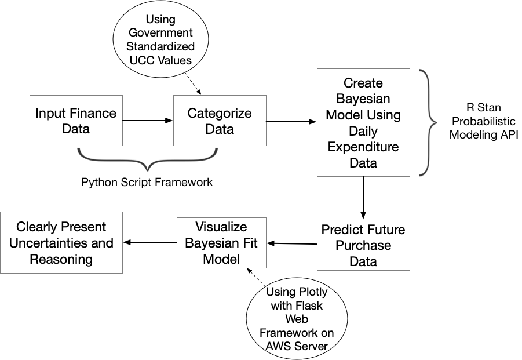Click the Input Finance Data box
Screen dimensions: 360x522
(76, 121)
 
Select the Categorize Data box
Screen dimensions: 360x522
(220, 121)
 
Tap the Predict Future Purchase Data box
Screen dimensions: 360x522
(363, 245)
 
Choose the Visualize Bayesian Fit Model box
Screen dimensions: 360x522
(221, 242)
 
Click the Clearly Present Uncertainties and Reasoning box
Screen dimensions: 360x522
(61, 242)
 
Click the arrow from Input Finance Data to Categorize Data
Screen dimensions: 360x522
(148, 121)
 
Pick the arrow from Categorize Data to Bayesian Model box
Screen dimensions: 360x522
(291, 121)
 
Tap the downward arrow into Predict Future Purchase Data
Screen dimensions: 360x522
(363, 198)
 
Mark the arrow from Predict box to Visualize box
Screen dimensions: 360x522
(292, 243)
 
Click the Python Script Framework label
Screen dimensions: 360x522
(147, 182)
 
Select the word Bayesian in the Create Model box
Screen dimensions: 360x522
(363, 99)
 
